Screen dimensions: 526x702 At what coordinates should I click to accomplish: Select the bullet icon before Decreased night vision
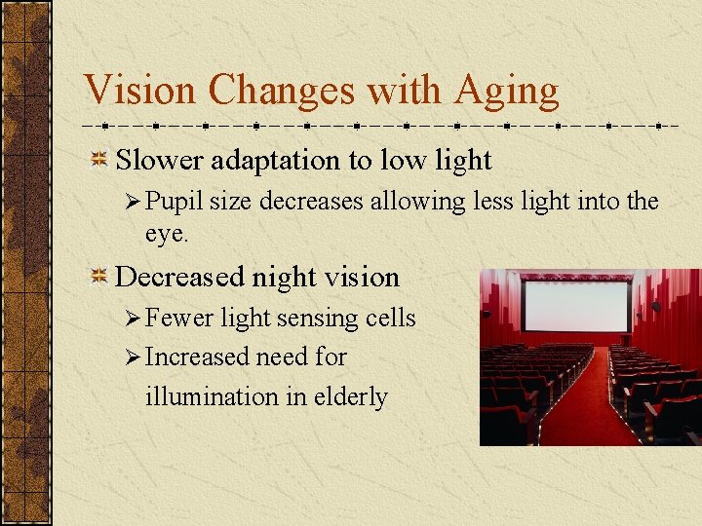(98, 277)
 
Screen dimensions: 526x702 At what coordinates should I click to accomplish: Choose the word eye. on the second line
(167, 234)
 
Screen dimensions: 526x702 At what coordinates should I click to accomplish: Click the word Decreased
(179, 277)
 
